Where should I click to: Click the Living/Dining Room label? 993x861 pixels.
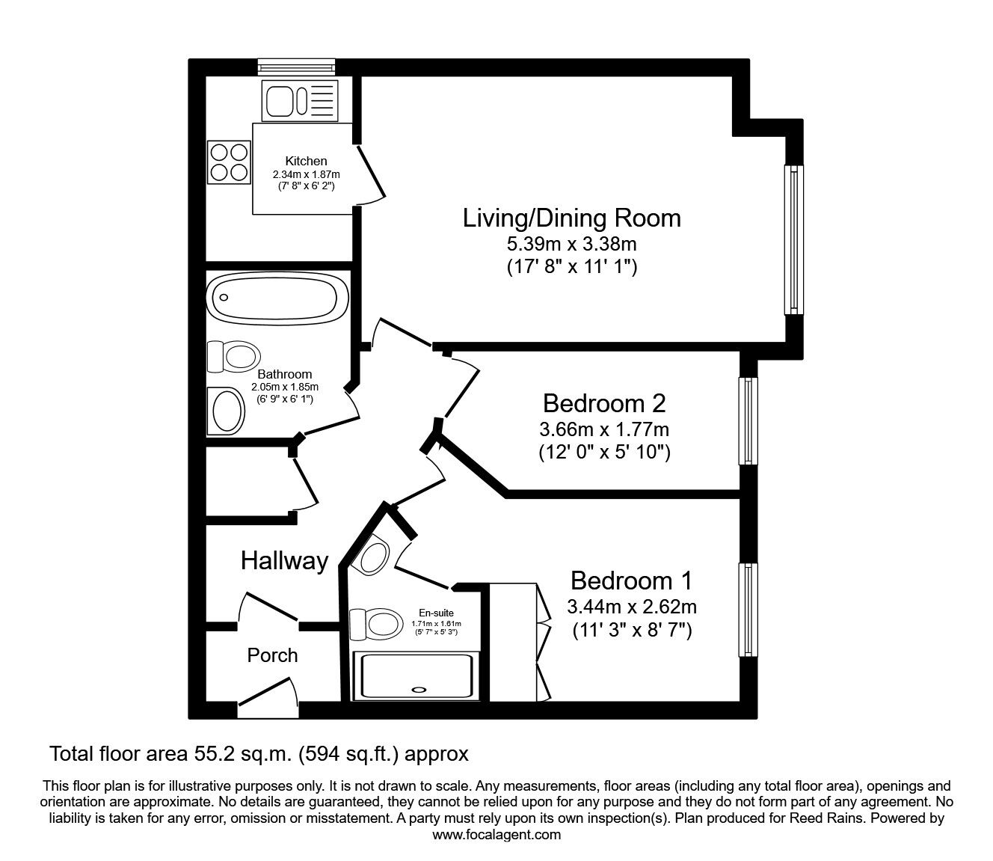[572, 218]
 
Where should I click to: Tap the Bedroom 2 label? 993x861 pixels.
[603, 403]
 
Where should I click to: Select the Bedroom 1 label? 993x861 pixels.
[631, 580]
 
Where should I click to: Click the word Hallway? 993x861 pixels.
[284, 560]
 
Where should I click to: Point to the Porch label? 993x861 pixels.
[272, 655]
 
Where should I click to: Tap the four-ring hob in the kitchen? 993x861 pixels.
[229, 162]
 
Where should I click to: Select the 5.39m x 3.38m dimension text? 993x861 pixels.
[572, 243]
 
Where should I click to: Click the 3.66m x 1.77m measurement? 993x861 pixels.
[603, 429]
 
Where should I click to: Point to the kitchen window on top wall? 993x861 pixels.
[296, 67]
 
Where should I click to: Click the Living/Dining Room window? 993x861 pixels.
[793, 239]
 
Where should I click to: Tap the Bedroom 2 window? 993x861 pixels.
[748, 420]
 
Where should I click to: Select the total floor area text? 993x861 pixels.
[259, 753]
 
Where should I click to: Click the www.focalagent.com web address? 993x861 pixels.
[496, 835]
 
